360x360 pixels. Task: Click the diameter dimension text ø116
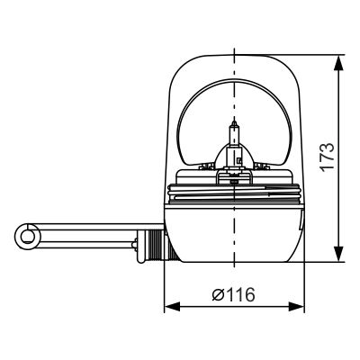(234, 294)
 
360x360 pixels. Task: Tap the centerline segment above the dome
(234, 36)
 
